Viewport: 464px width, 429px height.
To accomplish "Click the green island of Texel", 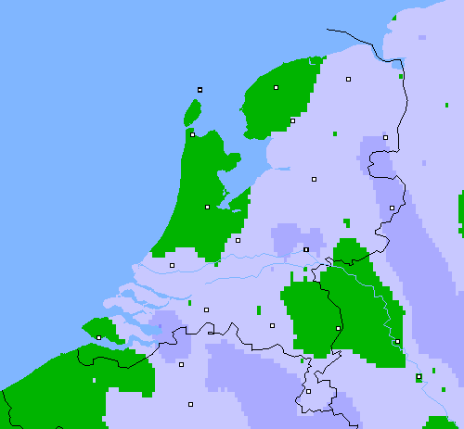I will [193, 113].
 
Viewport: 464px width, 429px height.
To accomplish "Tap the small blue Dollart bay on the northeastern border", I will [398, 64].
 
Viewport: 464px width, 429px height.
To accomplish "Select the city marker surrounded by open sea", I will [200, 90].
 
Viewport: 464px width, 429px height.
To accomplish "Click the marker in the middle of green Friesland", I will [277, 87].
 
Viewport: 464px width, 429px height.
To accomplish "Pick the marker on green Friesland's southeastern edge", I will [292, 120].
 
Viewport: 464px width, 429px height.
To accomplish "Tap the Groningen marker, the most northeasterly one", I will [349, 79].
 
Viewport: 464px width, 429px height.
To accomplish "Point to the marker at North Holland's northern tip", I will [192, 134].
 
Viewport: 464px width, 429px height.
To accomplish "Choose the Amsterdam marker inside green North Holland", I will [207, 207].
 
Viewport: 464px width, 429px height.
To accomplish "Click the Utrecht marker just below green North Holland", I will [238, 240].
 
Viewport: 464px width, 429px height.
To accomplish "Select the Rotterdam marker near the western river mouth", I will [172, 265].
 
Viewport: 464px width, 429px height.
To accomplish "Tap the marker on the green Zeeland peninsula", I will [98, 337].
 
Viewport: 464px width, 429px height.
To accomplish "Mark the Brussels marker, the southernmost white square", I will [190, 404].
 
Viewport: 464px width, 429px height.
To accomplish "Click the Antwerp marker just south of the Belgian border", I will [181, 364].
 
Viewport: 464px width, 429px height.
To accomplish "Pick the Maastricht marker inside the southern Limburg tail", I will [308, 391].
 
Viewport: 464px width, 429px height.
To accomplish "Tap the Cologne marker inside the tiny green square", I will [419, 376].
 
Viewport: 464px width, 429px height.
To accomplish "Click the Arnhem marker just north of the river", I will [306, 249].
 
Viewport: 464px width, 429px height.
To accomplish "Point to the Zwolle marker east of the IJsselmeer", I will [314, 179].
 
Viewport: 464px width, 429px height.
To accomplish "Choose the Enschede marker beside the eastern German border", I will [392, 208].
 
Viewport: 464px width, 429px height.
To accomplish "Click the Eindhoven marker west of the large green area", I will [272, 325].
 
